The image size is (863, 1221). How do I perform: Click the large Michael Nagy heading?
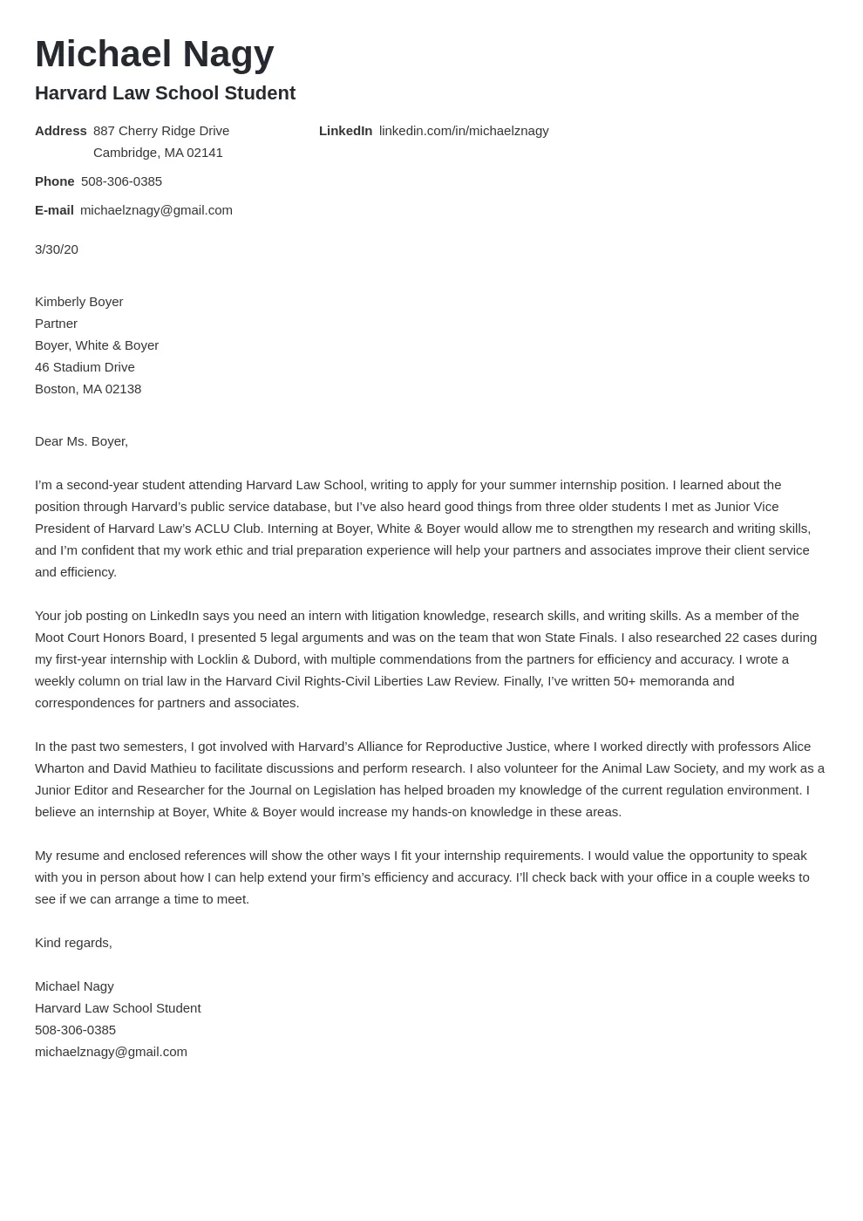pos(154,54)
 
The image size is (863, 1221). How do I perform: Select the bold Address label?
pos(60,131)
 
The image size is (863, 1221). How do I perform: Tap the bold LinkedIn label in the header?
pos(345,131)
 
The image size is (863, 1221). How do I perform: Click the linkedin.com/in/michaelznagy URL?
pos(464,131)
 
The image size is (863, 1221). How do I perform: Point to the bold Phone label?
pos(54,181)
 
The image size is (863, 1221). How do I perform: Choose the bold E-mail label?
pos(54,210)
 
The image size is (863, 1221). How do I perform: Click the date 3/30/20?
pos(57,249)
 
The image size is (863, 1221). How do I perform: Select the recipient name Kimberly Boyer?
pos(78,302)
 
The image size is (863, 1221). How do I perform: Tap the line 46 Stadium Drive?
pos(85,367)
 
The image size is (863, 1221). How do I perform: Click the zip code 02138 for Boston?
pos(124,389)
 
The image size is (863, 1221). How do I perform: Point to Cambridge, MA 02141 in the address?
pos(158,153)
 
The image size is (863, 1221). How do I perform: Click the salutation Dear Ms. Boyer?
pos(81,441)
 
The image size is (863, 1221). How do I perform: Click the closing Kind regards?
pos(73,943)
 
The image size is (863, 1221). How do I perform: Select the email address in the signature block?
pos(111,1052)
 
